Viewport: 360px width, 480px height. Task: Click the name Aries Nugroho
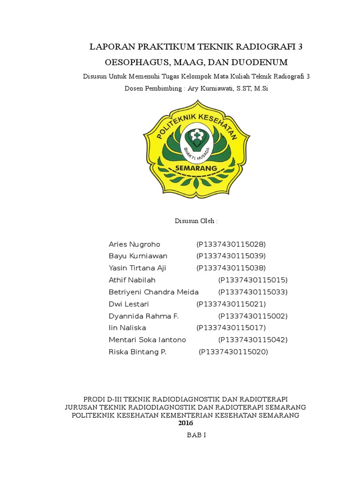135,244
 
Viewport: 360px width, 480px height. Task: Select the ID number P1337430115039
231,256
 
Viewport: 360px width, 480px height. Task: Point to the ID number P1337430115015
253,280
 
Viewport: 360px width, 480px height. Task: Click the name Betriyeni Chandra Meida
154,292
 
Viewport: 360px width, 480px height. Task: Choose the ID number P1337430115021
231,304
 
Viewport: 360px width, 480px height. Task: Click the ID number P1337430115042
253,340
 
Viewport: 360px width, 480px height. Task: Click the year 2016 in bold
186,423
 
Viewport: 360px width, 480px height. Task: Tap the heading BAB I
196,435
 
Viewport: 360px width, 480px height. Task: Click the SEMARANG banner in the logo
196,168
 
